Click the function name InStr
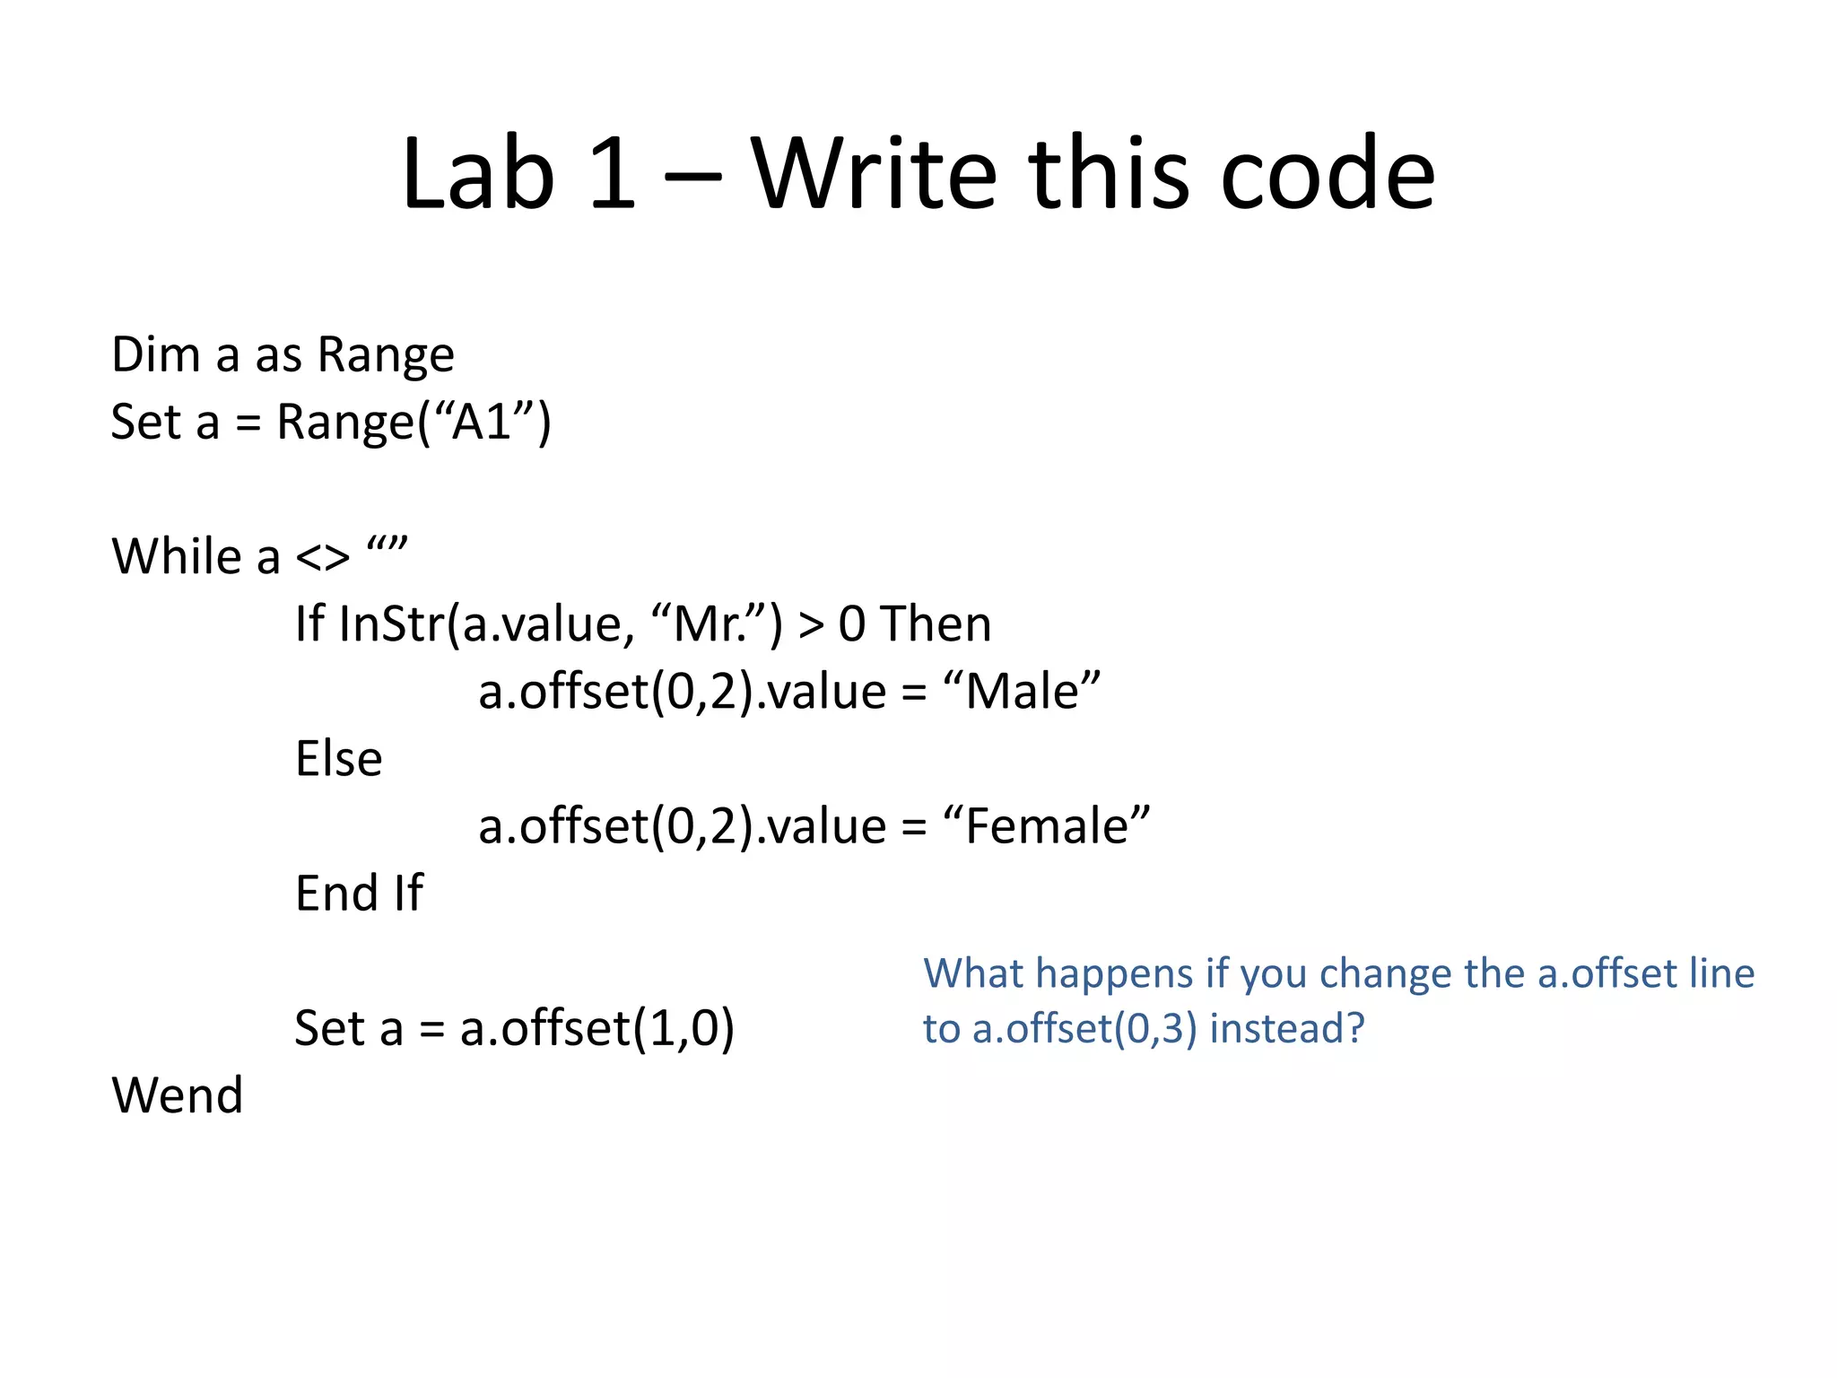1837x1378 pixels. [x=390, y=624]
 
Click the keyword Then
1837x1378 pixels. [x=936, y=624]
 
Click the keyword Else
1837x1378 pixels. [x=338, y=759]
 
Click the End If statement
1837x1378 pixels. [x=359, y=894]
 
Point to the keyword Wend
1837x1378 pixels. [x=177, y=1095]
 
